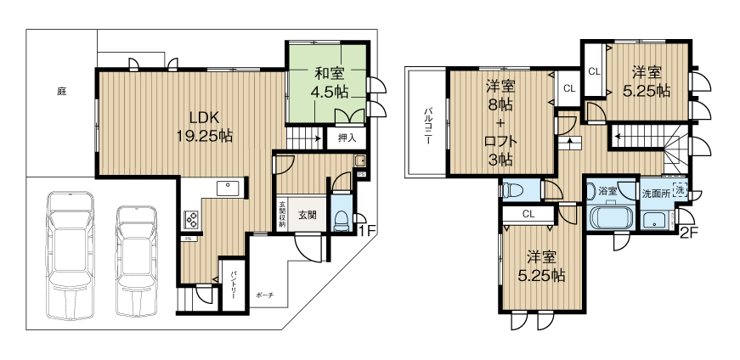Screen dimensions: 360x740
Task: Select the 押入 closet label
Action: (347, 137)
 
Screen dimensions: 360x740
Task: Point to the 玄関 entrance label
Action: (307, 215)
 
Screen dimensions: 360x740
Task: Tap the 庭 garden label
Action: (62, 90)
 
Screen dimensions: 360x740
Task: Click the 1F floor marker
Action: (366, 230)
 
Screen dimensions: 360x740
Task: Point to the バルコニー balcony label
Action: (430, 124)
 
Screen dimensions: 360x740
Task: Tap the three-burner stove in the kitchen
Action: (190, 220)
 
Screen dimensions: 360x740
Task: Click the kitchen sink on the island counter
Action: (228, 188)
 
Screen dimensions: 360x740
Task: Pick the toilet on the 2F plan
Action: (514, 190)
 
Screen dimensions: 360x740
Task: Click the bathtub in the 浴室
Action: (609, 218)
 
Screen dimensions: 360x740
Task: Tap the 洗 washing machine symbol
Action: (680, 190)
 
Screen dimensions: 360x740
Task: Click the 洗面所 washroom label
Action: (654, 191)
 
